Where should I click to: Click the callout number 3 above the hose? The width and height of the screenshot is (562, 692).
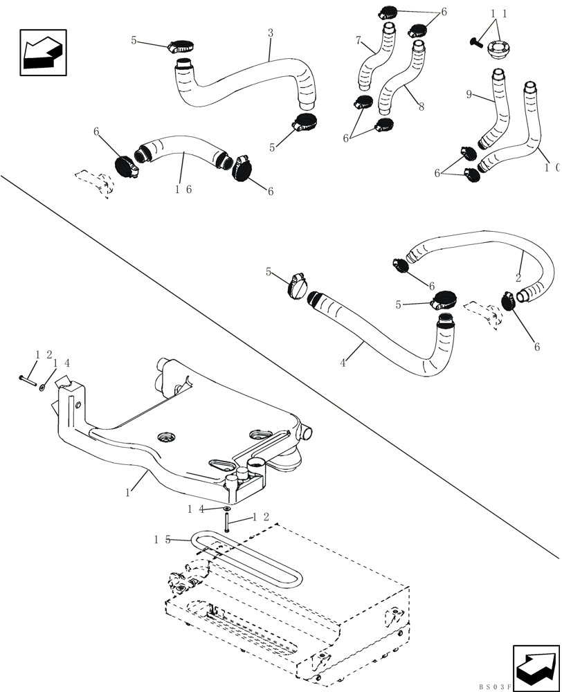271,33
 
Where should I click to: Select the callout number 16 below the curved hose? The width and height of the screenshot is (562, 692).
183,189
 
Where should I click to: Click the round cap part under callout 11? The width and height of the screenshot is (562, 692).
499,50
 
